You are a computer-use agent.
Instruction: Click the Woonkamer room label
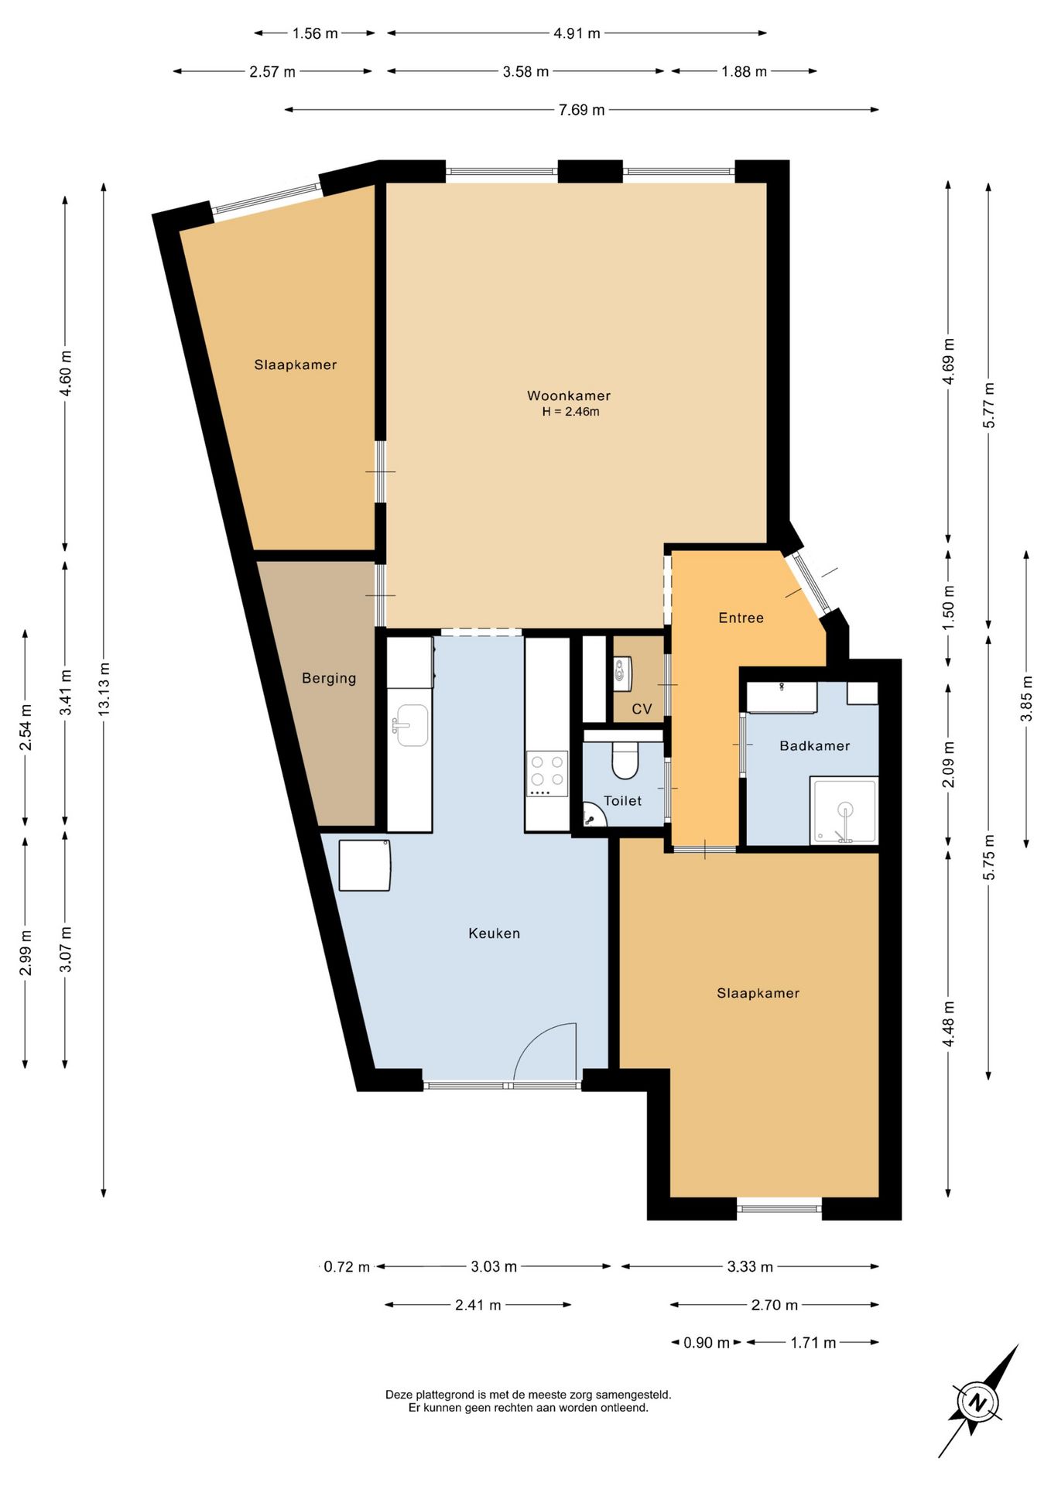(569, 395)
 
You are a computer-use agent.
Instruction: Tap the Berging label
(329, 679)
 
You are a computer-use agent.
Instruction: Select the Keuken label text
(494, 933)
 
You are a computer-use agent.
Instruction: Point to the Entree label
(741, 618)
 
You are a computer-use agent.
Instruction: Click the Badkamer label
(814, 746)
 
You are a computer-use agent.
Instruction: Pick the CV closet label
(642, 709)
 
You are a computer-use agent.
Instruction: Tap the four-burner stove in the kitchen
(547, 774)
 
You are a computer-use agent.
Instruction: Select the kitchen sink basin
(412, 725)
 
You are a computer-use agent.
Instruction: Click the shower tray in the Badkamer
(844, 810)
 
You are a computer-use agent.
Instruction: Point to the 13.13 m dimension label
(104, 689)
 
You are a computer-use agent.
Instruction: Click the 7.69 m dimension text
(581, 110)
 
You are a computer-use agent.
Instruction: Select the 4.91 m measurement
(577, 33)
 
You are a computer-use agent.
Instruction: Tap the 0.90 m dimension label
(706, 1343)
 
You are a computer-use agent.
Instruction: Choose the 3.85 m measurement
(1026, 699)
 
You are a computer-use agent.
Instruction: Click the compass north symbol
(977, 1402)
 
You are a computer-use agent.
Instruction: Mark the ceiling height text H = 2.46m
(570, 412)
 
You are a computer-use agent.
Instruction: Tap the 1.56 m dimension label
(315, 33)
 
